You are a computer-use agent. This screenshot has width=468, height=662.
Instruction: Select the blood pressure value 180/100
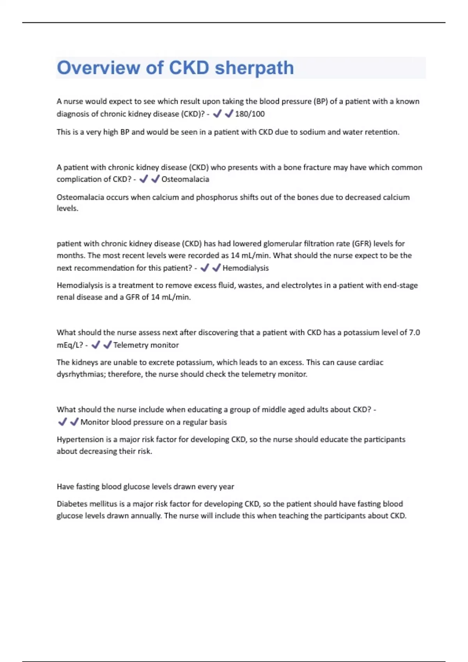(250, 114)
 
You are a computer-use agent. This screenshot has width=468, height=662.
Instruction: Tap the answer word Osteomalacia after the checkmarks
(185, 180)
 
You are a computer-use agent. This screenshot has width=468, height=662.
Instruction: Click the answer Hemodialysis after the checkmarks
(245, 268)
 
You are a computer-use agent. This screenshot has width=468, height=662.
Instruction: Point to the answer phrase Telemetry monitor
(146, 345)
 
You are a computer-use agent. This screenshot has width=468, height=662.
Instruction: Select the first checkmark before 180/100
(217, 114)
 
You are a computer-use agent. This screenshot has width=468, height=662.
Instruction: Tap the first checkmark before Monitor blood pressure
(62, 422)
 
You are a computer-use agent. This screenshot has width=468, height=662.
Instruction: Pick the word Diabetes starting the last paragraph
(72, 504)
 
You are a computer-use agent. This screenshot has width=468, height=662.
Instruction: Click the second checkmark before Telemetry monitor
(107, 345)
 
